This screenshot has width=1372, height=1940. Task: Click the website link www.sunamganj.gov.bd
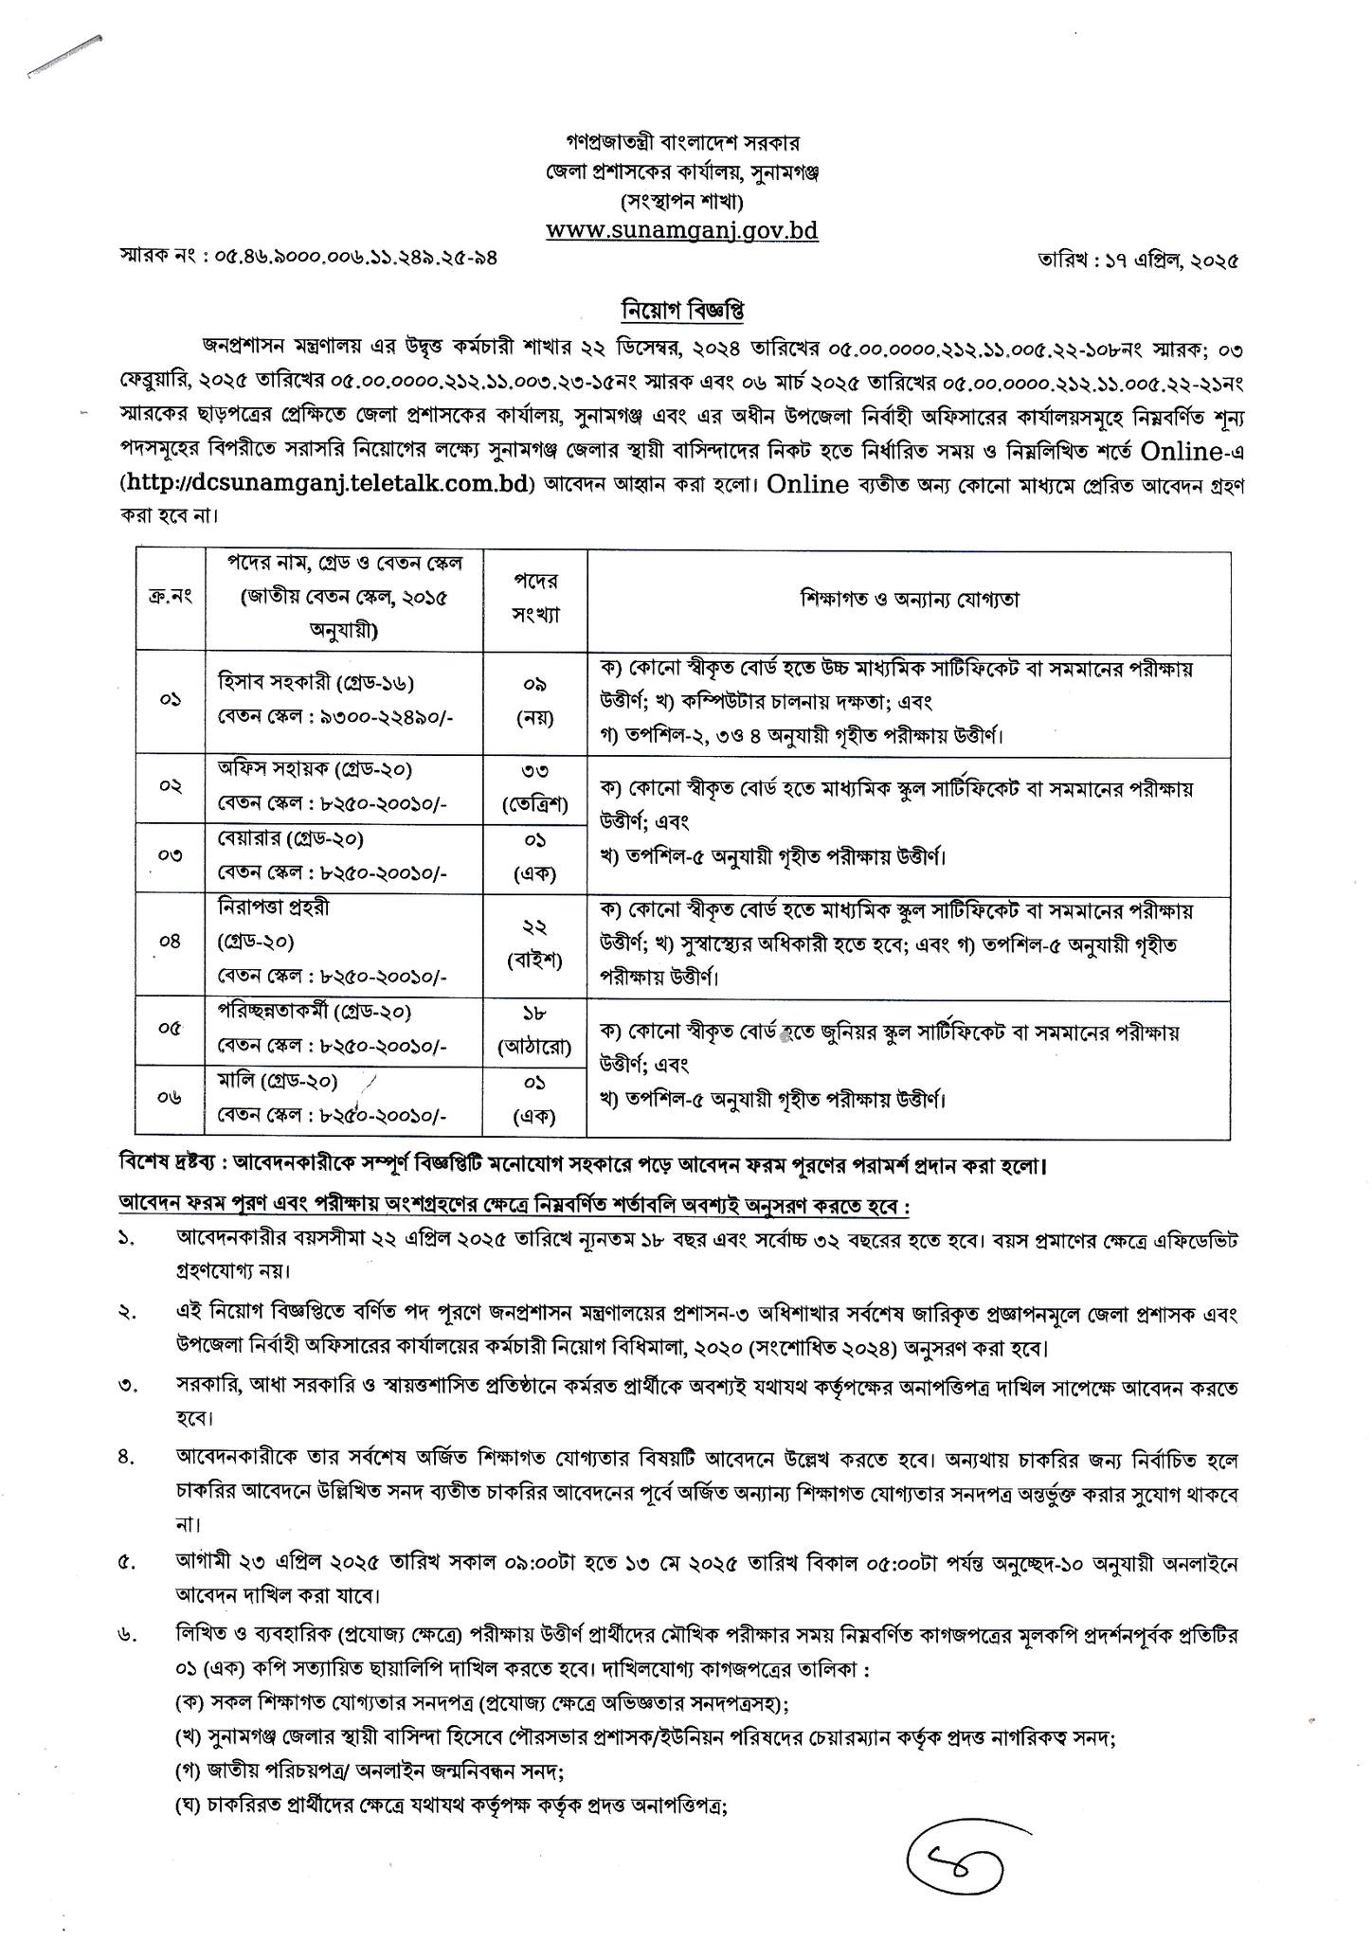pos(682,230)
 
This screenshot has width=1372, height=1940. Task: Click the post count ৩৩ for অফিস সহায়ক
pos(535,770)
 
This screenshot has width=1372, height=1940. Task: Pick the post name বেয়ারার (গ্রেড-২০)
pos(290,838)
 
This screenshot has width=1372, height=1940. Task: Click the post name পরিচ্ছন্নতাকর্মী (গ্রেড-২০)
pos(314,1012)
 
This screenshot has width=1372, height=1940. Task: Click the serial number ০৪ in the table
pos(171,943)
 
